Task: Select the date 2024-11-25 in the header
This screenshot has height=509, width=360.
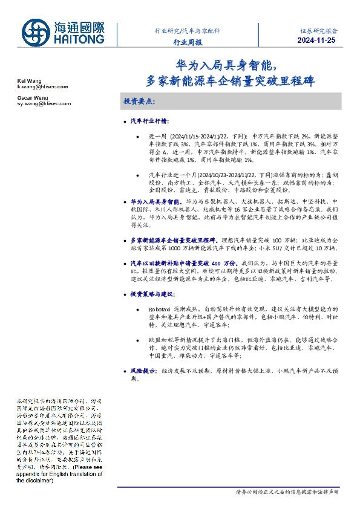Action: [317, 41]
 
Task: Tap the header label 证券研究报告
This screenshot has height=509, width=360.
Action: [318, 30]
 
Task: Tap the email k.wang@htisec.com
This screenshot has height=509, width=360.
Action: [42, 87]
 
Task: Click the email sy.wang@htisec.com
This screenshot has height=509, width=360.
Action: [44, 104]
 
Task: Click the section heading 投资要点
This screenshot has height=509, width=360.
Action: [139, 102]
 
